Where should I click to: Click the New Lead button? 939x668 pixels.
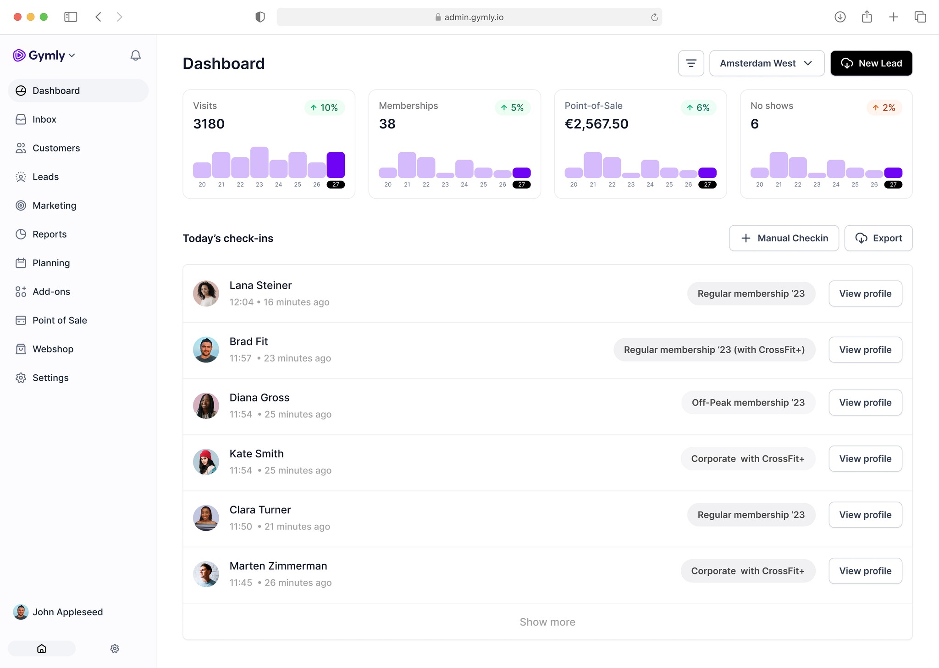click(871, 63)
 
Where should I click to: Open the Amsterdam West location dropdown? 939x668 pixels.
click(766, 63)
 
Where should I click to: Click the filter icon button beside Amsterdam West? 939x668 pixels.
click(690, 63)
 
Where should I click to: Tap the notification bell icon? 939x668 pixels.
click(135, 56)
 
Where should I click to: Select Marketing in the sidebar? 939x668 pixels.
click(54, 206)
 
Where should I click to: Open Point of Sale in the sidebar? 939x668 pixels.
click(60, 320)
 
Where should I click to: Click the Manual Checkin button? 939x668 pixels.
click(784, 238)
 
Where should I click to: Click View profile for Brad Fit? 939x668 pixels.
click(865, 350)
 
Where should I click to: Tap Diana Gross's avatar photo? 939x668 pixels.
click(206, 406)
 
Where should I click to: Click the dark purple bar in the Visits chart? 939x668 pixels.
click(335, 165)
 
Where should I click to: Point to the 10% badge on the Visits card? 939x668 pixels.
click(324, 107)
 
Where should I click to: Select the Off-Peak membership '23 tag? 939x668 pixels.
click(748, 402)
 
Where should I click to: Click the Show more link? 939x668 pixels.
click(547, 622)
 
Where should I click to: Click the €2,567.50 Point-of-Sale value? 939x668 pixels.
click(596, 124)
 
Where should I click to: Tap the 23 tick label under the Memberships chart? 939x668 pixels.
click(445, 184)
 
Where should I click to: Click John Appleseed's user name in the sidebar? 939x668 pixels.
click(67, 612)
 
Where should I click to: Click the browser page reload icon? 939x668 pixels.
click(654, 17)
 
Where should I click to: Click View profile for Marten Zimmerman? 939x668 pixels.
click(865, 571)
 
